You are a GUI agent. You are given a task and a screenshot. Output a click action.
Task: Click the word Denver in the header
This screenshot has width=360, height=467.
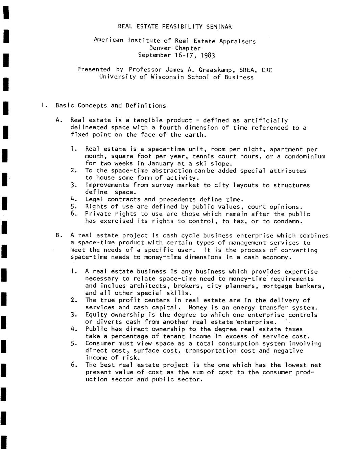(x=160, y=48)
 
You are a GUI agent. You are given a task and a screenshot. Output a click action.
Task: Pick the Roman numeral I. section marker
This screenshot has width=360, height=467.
(x=43, y=106)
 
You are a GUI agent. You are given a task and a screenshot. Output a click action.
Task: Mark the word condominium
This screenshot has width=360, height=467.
(x=305, y=156)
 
